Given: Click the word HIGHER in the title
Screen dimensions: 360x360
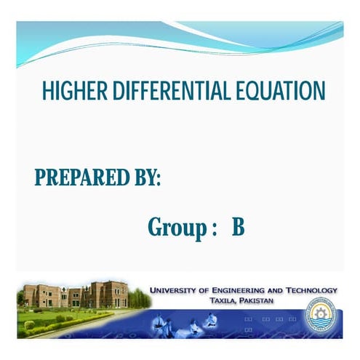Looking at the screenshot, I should click(x=69, y=92).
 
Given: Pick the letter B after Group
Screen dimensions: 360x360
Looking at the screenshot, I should click(x=239, y=227).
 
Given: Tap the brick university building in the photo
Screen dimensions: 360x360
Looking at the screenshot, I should click(x=73, y=295).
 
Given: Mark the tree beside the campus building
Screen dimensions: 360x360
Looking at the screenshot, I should click(x=139, y=298).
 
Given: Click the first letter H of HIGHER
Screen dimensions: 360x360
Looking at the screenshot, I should click(x=47, y=92).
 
